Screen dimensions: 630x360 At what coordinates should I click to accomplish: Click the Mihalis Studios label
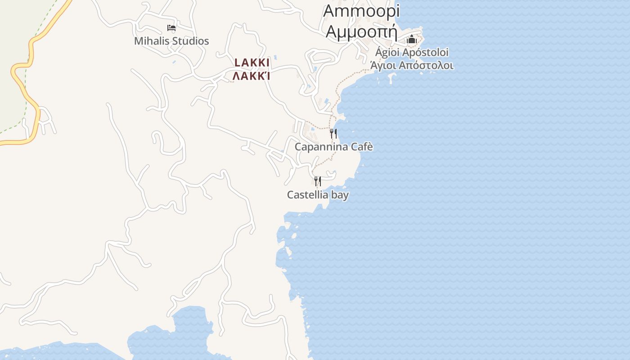(x=171, y=41)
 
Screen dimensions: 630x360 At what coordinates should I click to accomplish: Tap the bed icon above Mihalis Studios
(x=171, y=28)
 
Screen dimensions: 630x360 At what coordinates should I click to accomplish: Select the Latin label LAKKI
(x=252, y=63)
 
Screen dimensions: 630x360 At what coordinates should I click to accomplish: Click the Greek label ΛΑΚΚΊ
(x=251, y=76)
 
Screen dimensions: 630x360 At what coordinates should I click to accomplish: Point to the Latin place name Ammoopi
(x=361, y=11)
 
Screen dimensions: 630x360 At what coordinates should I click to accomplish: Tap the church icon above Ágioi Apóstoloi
(x=411, y=40)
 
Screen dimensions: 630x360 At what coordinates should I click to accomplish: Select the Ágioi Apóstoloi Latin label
(x=412, y=52)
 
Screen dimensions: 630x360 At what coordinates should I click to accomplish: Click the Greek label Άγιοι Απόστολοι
(x=412, y=66)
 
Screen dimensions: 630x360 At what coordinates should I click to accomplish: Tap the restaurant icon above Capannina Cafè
(x=333, y=133)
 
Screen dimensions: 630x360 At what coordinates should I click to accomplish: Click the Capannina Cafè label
(x=333, y=147)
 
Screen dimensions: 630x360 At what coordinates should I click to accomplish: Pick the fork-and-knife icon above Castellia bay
(x=318, y=181)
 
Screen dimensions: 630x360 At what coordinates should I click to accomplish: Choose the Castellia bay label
(x=318, y=195)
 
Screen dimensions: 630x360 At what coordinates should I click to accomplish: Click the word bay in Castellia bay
(x=340, y=195)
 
